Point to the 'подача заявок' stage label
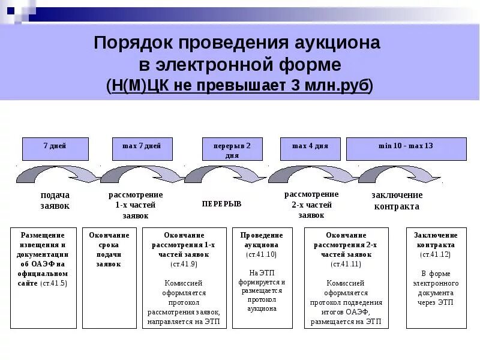(x=55, y=200)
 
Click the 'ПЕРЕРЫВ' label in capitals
(x=221, y=204)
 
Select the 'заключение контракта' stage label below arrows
(x=397, y=201)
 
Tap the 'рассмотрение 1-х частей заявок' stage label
(x=136, y=205)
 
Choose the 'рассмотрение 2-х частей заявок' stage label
(x=311, y=205)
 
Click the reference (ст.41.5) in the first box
(x=54, y=283)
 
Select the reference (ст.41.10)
(x=262, y=254)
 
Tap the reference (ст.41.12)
(x=436, y=254)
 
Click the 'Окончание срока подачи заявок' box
(x=109, y=250)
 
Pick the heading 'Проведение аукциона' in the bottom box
(x=262, y=240)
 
